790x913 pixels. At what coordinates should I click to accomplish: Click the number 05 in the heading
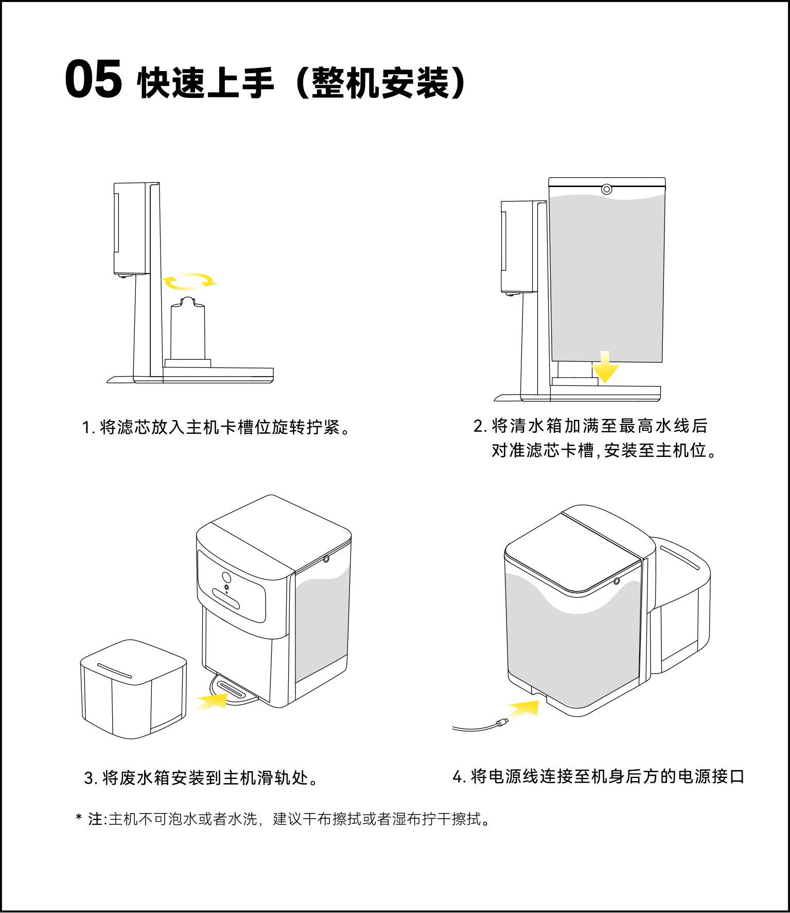click(93, 79)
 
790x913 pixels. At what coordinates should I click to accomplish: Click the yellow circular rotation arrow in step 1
click(189, 281)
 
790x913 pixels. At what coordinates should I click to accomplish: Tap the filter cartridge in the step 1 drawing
click(188, 330)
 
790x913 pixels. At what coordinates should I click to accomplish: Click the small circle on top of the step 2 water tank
click(607, 189)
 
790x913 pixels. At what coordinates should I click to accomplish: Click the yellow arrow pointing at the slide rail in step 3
click(213, 701)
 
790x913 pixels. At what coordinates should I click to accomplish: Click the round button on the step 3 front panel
click(226, 577)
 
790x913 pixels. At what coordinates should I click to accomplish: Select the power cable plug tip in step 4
click(502, 721)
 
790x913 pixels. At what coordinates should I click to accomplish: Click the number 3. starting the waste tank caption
click(91, 778)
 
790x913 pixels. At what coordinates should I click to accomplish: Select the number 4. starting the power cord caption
click(459, 776)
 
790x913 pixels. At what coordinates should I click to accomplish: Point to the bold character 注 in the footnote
click(96, 819)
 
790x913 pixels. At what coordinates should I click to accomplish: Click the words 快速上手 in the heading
click(206, 82)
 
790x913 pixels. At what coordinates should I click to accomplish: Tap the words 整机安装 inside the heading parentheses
click(381, 82)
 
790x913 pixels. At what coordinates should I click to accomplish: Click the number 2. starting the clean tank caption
click(480, 426)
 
